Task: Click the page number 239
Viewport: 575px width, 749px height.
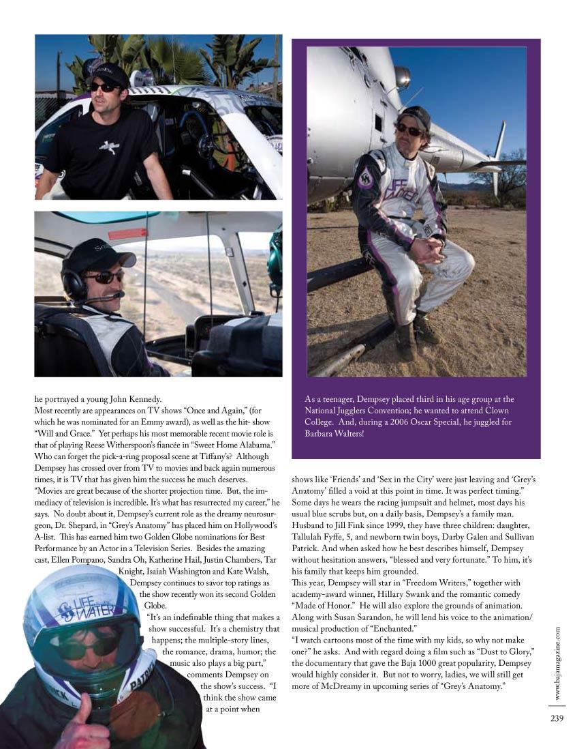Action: (x=557, y=716)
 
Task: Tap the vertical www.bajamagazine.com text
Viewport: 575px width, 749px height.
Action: (x=557, y=662)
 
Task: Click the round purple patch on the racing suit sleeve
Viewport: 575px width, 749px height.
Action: (x=365, y=178)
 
